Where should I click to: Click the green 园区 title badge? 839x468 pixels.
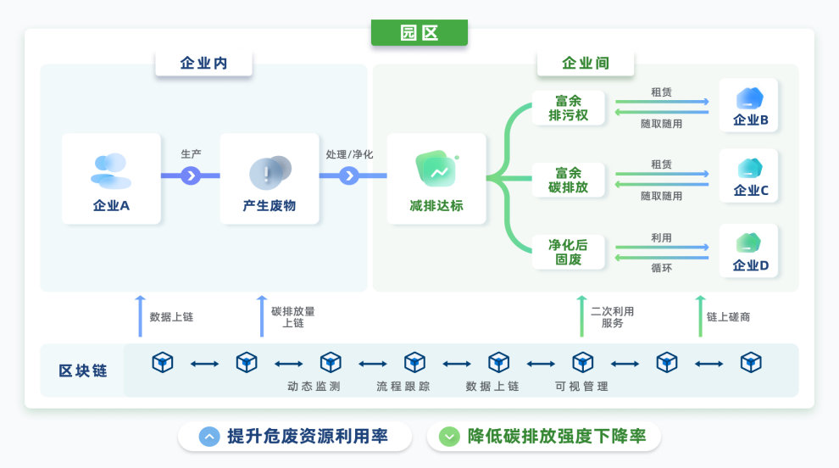419,33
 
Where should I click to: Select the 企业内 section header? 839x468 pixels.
203,64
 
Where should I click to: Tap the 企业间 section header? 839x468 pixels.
585,64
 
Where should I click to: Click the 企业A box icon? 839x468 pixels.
111,170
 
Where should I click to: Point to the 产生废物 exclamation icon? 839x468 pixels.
269,173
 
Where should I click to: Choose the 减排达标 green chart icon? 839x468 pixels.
436,170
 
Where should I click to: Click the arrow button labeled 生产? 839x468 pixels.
191,175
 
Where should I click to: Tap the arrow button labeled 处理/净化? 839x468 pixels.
348,175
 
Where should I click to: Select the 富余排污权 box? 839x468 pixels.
568,109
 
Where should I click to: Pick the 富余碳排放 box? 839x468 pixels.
568,180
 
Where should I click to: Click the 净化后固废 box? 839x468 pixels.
568,252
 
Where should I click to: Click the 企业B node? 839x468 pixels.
749,106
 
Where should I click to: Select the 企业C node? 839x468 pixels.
749,176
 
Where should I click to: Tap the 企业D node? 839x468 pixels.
749,251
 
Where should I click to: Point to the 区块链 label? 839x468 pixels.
82,370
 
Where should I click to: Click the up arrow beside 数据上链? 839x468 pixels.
141,316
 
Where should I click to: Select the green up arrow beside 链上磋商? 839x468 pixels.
699,316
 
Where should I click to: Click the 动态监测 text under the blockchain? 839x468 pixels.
314,387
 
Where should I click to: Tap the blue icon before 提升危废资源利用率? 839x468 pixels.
209,437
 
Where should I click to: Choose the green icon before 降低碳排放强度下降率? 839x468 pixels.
449,437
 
